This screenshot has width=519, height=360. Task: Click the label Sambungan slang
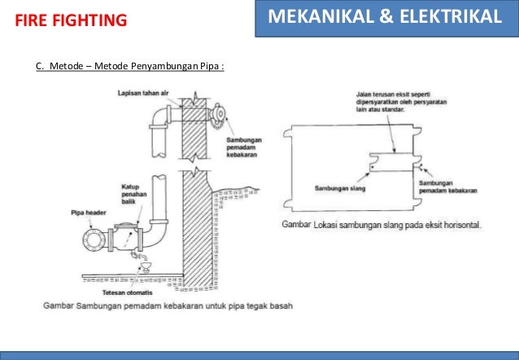pos(339,188)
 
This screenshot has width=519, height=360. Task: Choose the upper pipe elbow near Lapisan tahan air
pos(159,116)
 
